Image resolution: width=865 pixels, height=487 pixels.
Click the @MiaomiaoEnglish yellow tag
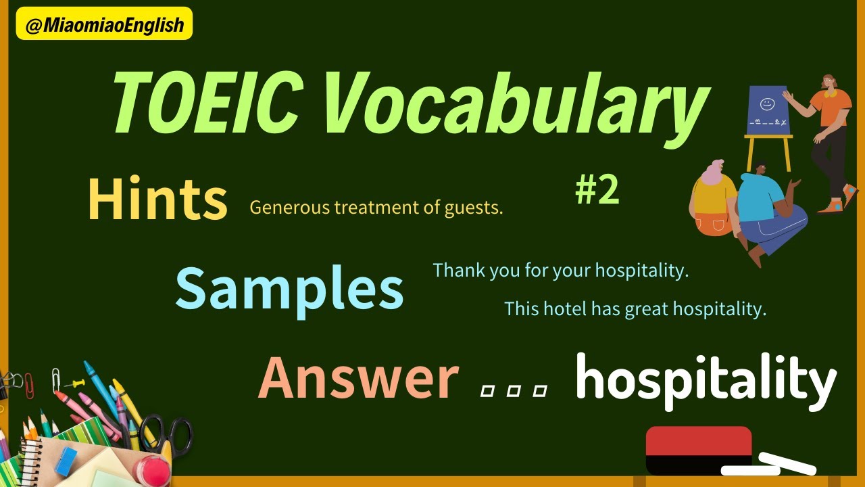click(104, 24)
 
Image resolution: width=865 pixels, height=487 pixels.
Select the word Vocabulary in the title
click(514, 105)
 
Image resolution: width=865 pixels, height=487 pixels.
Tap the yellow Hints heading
click(157, 200)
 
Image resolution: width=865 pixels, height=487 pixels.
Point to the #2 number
click(597, 191)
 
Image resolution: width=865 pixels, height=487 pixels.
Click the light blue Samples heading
click(289, 288)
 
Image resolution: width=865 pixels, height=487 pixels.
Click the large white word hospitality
click(706, 380)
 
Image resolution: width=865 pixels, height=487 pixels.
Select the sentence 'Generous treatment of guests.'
click(376, 208)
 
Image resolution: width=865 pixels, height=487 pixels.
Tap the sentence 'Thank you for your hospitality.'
click(560, 271)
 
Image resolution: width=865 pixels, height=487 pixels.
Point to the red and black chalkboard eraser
click(698, 449)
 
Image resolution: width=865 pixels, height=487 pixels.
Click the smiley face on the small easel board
click(766, 104)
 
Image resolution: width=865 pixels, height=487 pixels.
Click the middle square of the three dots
click(513, 391)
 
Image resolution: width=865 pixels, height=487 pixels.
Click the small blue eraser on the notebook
click(66, 461)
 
